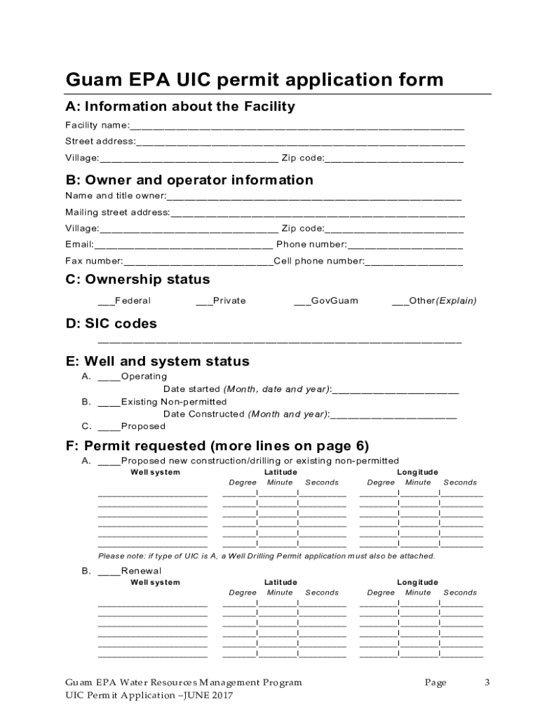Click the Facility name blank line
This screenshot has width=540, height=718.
[297, 126]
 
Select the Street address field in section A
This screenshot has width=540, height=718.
[300, 142]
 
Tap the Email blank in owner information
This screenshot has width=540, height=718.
[183, 245]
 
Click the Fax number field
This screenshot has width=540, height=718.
[198, 262]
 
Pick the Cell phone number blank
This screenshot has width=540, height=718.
[414, 262]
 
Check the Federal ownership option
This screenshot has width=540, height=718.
[106, 302]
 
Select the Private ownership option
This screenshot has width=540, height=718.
[204, 302]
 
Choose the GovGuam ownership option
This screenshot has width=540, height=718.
[302, 302]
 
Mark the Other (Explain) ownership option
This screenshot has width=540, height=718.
[400, 302]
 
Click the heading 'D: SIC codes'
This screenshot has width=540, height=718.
[111, 324]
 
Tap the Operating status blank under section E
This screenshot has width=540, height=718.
[109, 377]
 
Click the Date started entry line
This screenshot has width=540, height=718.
[396, 390]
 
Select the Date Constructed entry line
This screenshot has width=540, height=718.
[393, 415]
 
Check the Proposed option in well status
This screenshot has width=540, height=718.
[109, 427]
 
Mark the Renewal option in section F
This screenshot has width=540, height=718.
[109, 571]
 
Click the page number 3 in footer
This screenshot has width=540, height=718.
[487, 683]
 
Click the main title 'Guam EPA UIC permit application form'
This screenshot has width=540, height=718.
[255, 79]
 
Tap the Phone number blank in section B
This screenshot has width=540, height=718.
[405, 245]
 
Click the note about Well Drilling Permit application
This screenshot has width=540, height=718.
[266, 556]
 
